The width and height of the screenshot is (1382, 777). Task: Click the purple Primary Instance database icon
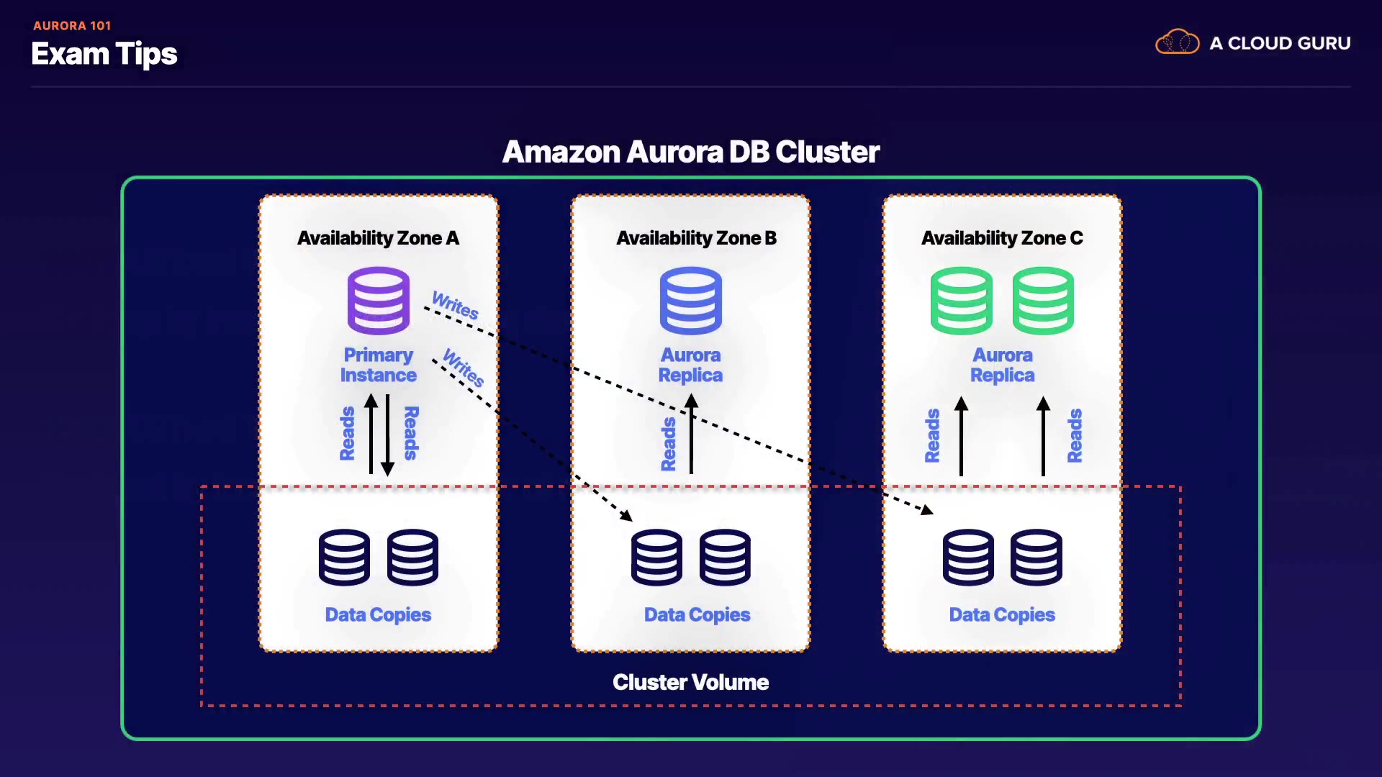(379, 301)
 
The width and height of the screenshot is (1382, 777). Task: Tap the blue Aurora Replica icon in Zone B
(691, 301)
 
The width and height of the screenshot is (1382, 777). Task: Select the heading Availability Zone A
(378, 238)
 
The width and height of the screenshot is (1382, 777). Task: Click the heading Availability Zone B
(696, 238)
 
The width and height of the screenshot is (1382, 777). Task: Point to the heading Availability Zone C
(1002, 238)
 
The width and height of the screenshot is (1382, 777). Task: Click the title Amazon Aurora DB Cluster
(691, 152)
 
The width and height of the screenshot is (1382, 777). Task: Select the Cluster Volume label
(691, 682)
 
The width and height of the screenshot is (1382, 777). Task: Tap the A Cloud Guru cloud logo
(1178, 42)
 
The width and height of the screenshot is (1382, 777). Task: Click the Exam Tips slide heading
(104, 54)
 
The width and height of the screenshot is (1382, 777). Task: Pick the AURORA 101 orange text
(72, 26)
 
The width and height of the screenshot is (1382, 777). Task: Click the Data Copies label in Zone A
(378, 614)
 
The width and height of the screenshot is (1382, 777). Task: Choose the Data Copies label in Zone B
(697, 614)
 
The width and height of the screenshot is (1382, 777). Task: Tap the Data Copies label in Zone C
(1002, 614)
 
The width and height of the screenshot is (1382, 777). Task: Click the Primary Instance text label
(378, 365)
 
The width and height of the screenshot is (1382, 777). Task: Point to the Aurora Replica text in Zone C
(1002, 365)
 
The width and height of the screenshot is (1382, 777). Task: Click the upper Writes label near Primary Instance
(455, 305)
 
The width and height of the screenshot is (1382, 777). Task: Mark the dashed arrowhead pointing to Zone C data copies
(927, 510)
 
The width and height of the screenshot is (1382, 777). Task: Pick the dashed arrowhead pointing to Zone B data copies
(627, 516)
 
